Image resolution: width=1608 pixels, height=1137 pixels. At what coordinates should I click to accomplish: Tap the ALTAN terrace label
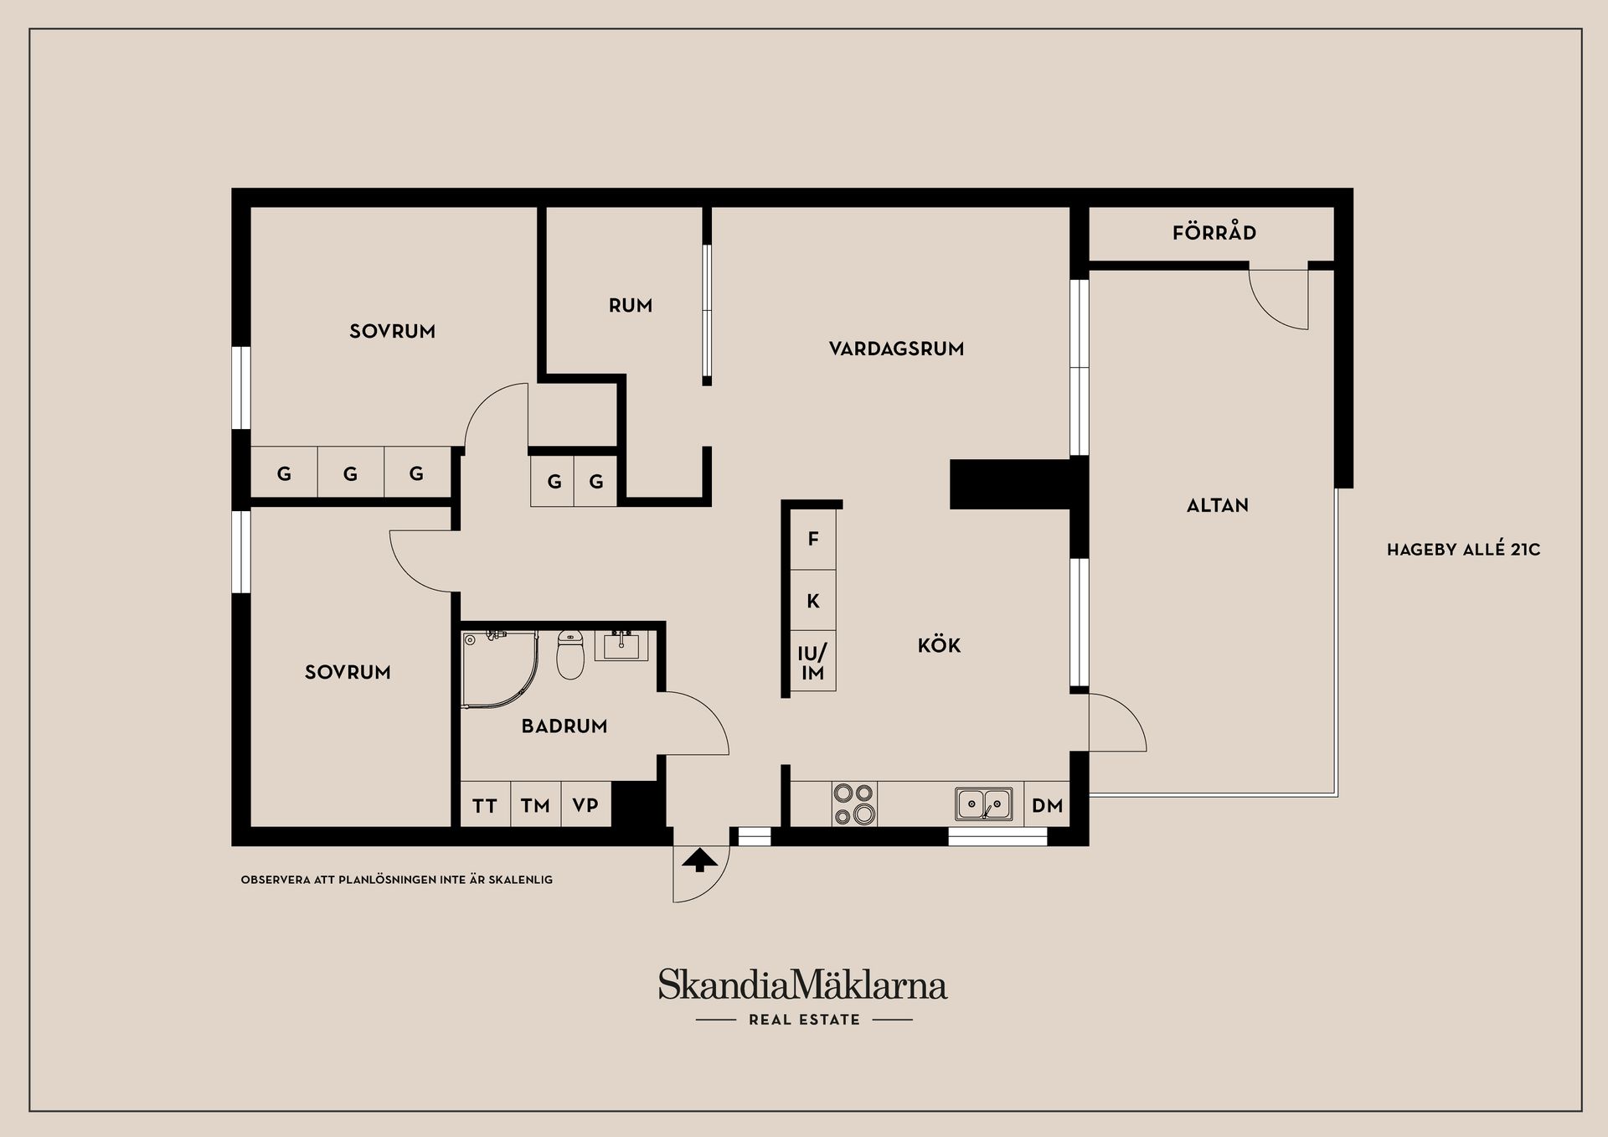coord(1218,505)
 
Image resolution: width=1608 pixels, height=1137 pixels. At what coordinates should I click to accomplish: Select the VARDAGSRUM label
coord(896,349)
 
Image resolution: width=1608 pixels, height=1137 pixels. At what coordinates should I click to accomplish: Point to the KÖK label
coord(939,645)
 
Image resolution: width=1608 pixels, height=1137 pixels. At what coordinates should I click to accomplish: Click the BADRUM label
coord(564,726)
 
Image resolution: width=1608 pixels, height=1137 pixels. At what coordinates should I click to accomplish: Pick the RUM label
coord(631,306)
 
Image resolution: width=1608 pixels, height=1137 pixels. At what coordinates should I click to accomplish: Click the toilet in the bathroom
coord(570,654)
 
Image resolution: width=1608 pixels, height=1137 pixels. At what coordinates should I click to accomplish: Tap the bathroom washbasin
coord(621,645)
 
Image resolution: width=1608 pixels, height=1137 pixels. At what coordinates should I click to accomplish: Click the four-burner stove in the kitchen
coord(854,804)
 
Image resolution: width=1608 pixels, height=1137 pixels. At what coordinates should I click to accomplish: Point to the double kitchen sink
coord(984,804)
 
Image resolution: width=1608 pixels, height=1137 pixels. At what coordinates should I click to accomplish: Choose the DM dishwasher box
coord(1047,805)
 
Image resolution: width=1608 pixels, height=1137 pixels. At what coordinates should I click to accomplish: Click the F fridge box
coord(813,540)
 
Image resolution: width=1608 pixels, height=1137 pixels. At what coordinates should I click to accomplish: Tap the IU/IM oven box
coord(813,661)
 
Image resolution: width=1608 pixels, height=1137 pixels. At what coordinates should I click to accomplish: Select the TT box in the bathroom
coord(485,805)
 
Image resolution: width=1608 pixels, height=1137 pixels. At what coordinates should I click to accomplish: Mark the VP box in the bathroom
coord(585,805)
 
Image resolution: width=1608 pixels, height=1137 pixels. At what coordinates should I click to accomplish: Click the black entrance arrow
coord(700,861)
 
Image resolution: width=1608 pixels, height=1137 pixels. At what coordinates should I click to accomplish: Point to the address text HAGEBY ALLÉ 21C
coord(1464,550)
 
